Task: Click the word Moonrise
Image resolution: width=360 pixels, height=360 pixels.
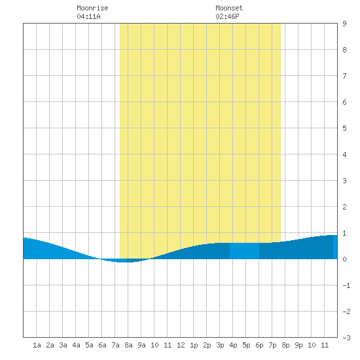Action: click(x=92, y=8)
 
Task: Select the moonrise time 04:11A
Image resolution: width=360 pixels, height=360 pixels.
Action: click(x=88, y=16)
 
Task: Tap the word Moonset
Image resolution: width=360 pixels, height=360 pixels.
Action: click(x=229, y=8)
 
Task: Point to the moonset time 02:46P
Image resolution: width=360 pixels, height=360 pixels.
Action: click(x=227, y=16)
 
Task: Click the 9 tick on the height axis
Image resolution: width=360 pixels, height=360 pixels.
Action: click(x=344, y=24)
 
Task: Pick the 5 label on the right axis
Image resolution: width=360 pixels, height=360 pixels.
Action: click(x=344, y=128)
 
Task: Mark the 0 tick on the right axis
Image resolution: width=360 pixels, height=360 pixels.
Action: click(x=344, y=259)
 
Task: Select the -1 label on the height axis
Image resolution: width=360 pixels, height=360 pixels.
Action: click(x=346, y=285)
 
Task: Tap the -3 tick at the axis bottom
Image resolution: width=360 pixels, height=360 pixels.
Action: click(x=346, y=338)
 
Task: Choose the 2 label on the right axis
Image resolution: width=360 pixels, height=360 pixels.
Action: click(x=344, y=207)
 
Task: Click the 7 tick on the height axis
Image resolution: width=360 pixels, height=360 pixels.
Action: click(x=344, y=76)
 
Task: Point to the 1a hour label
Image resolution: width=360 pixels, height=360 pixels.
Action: click(x=37, y=345)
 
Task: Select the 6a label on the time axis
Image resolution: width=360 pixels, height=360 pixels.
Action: click(x=102, y=345)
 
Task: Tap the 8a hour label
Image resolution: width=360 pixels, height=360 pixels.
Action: click(x=128, y=345)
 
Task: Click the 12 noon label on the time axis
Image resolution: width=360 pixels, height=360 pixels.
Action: click(x=181, y=345)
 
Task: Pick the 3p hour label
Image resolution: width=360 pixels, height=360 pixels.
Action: click(x=220, y=345)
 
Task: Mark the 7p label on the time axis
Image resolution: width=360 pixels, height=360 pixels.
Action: click(x=272, y=345)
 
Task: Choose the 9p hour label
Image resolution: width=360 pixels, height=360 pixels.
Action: click(x=298, y=345)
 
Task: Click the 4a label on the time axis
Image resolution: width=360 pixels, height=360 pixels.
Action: click(x=76, y=345)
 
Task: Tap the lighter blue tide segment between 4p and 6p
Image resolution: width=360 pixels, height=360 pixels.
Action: click(x=245, y=251)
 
